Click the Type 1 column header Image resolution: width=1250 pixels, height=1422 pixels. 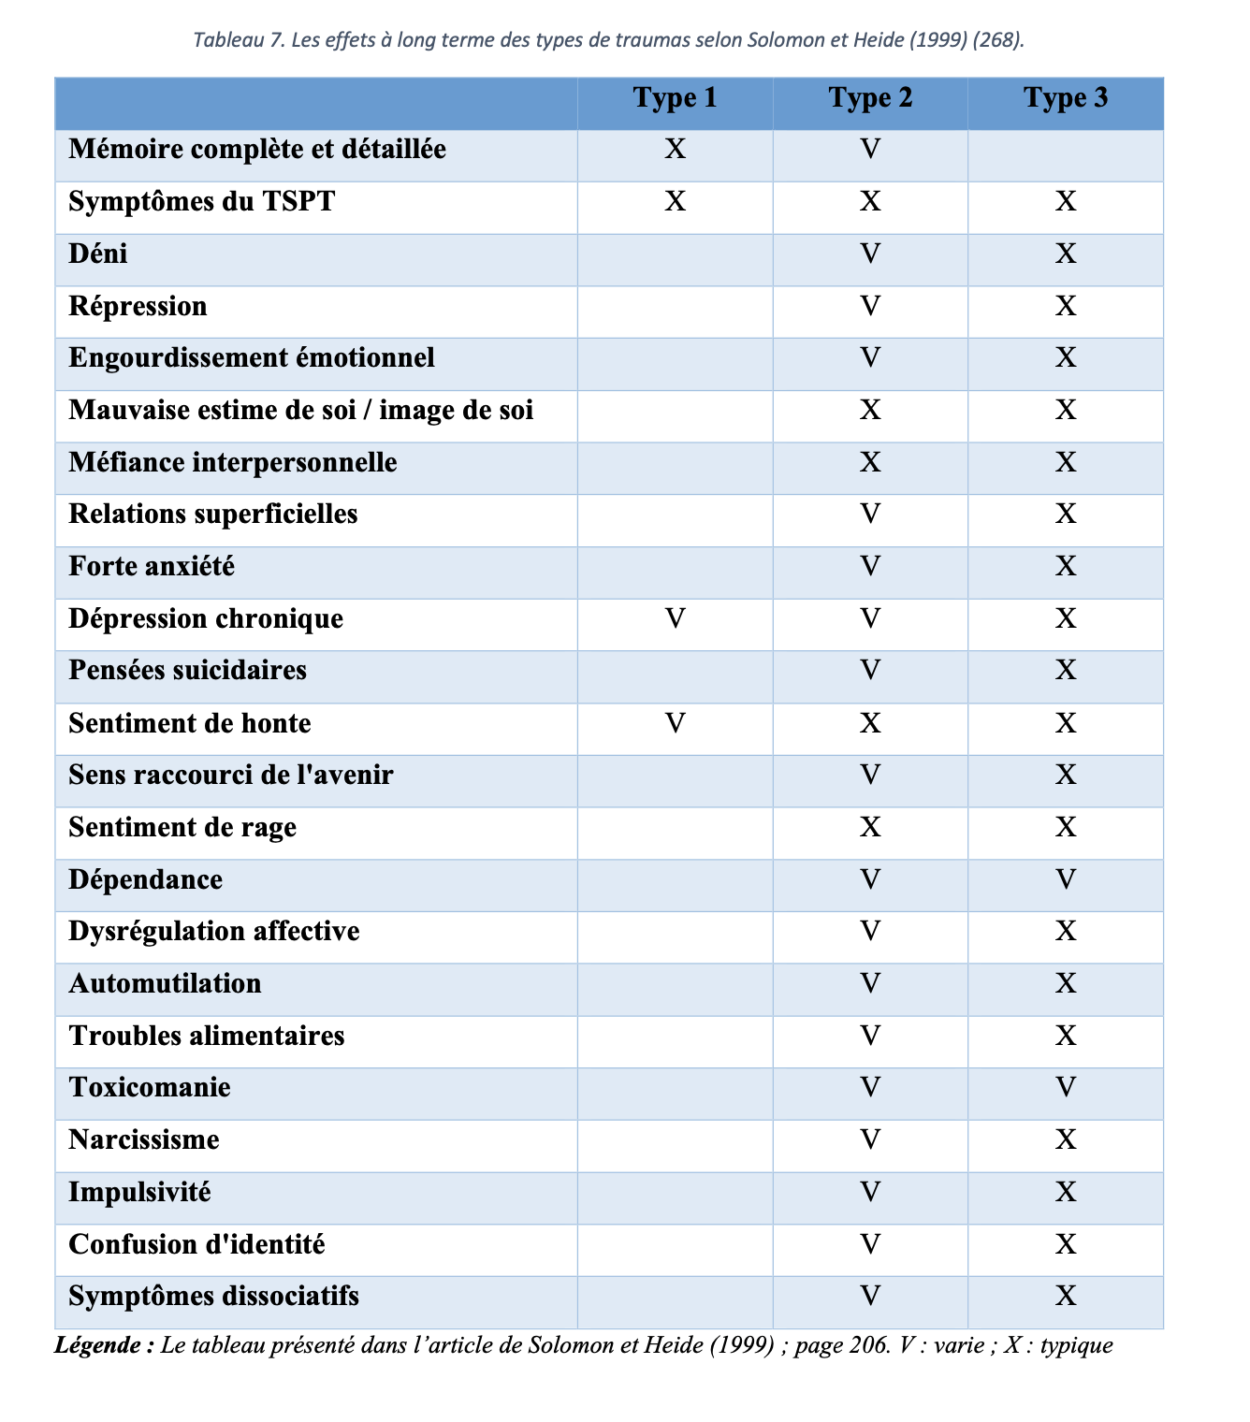[675, 98]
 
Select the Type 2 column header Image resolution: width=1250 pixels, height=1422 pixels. [870, 98]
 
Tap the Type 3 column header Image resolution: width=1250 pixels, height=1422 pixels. [1066, 98]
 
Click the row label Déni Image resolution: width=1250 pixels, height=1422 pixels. [98, 254]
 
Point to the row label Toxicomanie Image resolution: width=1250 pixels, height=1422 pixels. [150, 1088]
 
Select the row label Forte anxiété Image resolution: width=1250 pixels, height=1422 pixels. [152, 567]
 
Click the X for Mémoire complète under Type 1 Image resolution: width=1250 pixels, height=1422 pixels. [675, 150]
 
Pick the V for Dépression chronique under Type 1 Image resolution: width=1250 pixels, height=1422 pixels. [675, 619]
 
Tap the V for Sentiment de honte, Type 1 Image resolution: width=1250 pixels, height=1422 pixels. [675, 723]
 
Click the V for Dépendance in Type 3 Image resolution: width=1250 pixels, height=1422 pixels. [1066, 880]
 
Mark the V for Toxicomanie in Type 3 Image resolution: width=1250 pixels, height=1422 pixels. [1066, 1088]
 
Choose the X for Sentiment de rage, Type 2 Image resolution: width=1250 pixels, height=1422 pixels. [870, 828]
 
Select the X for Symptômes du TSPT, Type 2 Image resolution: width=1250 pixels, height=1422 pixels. [870, 202]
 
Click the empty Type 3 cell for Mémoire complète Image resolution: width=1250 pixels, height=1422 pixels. [1066, 155]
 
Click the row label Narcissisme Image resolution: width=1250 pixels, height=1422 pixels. [144, 1140]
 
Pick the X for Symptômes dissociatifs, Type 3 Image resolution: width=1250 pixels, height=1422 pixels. [1066, 1297]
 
